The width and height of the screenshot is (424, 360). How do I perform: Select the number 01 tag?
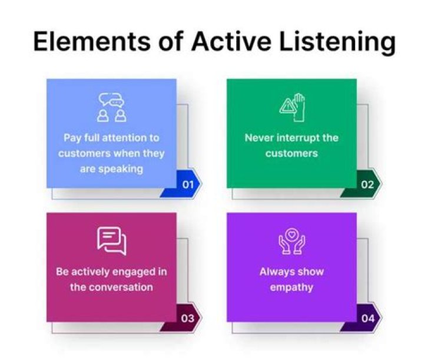[x=188, y=184]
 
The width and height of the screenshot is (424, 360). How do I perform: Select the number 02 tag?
[x=367, y=184]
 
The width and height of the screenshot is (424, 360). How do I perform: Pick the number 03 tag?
[x=188, y=319]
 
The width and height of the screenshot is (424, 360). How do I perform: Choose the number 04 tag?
[x=367, y=319]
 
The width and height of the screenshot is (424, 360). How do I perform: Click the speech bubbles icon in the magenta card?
[x=112, y=240]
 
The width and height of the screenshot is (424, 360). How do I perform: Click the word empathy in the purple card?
[x=291, y=288]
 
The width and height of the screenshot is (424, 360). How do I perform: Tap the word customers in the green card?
[x=291, y=153]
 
